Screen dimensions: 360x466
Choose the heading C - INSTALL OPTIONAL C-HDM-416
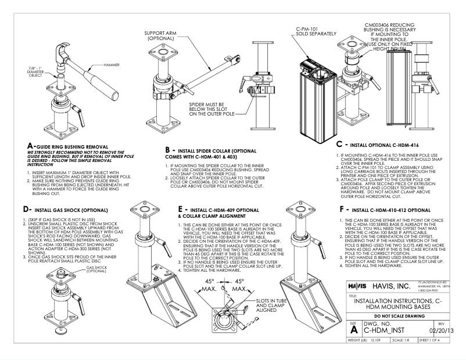pyautogui.click(x=382, y=143)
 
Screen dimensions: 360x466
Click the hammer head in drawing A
pyautogui.click(x=68, y=51)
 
